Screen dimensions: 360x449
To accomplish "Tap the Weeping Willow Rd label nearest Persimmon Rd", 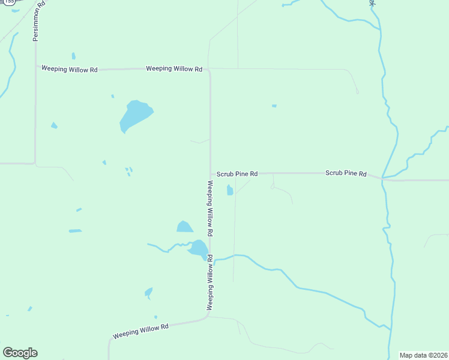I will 69,70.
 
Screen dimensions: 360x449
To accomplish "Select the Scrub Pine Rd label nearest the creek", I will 346,173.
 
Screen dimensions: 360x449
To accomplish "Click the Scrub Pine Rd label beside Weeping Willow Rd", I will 237,174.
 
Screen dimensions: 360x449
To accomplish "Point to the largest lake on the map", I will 134,115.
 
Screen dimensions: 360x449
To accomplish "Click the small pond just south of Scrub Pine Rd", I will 229,191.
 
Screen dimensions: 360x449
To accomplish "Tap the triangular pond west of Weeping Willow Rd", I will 184,227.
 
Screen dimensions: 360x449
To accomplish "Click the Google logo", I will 20,353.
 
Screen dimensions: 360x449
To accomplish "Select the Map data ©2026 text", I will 423,355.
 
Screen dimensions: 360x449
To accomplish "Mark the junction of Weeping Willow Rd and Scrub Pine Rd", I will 210,173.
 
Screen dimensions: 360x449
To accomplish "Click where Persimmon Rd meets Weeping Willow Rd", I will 35,69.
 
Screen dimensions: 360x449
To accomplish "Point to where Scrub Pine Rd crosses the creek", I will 382,178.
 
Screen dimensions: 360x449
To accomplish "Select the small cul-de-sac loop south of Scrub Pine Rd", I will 273,187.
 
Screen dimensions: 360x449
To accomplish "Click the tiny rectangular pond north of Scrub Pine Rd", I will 274,106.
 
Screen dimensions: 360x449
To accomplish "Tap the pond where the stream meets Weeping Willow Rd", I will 198,248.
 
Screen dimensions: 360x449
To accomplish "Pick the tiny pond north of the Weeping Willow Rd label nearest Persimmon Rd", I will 73,56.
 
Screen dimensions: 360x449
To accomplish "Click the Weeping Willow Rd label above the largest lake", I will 173,69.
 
